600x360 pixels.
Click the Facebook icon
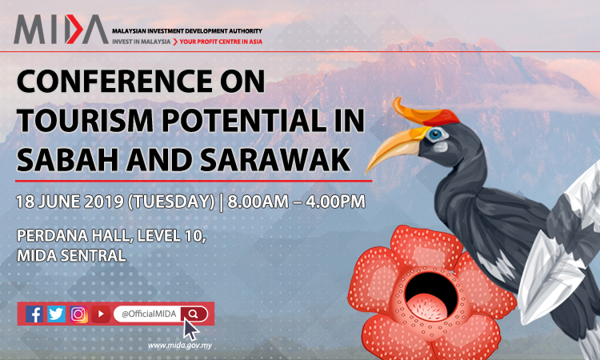click(x=34, y=314)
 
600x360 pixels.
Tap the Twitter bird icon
click(x=56, y=314)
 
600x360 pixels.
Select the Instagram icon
click(x=78, y=314)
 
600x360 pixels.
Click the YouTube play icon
click(x=101, y=314)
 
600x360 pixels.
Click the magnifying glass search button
click(x=194, y=314)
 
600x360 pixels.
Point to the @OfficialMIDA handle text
click(x=149, y=314)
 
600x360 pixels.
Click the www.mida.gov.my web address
click(x=180, y=346)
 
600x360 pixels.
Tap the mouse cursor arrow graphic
click(x=191, y=330)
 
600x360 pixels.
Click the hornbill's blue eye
click(x=435, y=134)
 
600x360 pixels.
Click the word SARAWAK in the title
click(x=275, y=160)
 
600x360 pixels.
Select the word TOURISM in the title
click(x=85, y=120)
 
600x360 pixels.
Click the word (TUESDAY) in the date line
click(x=171, y=202)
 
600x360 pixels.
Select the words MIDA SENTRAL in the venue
click(x=71, y=255)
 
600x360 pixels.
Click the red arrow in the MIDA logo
click(x=74, y=29)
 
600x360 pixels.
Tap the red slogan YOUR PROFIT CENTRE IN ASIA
click(x=221, y=42)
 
